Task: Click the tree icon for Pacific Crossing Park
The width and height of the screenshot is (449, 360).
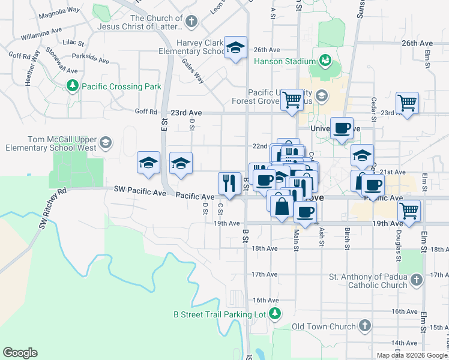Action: click(x=73, y=86)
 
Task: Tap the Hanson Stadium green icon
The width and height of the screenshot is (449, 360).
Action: click(x=325, y=61)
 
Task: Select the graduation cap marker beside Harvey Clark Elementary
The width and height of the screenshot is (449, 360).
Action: click(x=236, y=47)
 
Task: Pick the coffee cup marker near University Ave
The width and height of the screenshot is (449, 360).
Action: click(x=341, y=128)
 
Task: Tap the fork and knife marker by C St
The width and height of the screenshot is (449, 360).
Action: click(x=229, y=182)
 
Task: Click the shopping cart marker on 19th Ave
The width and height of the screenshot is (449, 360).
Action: click(x=409, y=211)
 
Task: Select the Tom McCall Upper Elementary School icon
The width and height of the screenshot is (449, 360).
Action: click(x=106, y=142)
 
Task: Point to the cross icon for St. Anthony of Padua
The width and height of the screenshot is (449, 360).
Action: click(x=415, y=280)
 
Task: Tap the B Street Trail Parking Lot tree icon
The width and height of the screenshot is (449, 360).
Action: click(x=274, y=313)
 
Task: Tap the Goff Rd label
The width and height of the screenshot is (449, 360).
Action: click(x=146, y=112)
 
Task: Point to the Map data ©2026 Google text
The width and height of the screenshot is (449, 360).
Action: click(x=412, y=355)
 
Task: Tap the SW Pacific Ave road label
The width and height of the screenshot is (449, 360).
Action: click(x=140, y=191)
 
